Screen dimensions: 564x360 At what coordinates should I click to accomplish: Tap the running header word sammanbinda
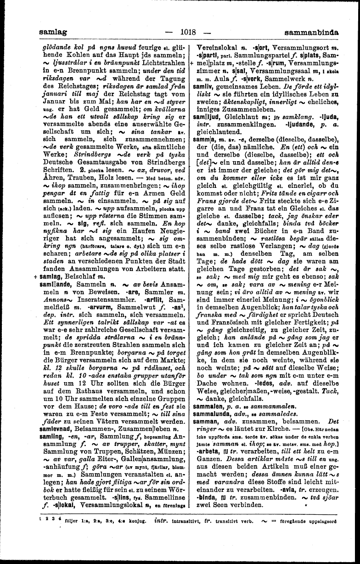(x=311, y=33)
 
